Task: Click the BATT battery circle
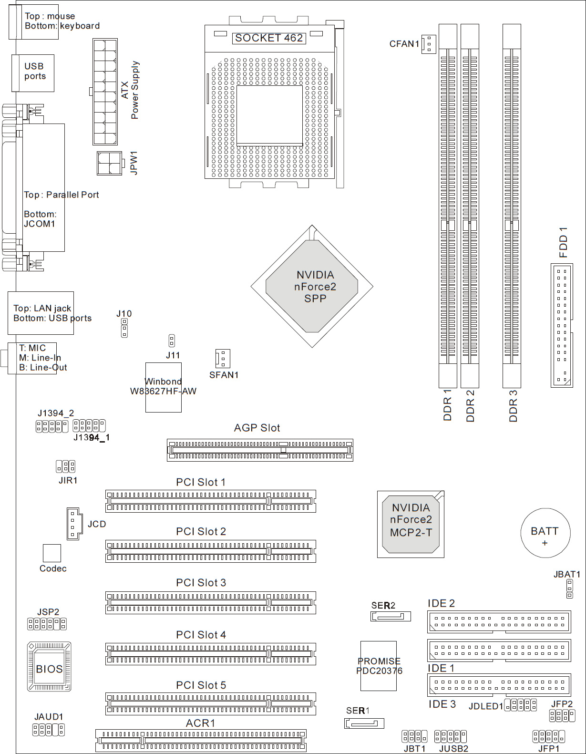(x=545, y=532)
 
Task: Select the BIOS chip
(x=49, y=667)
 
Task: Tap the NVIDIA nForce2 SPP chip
(x=312, y=286)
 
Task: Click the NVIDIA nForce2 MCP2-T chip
(x=411, y=524)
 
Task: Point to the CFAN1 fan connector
(x=429, y=44)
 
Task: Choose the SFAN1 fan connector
(x=223, y=359)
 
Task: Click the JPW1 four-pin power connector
(x=109, y=163)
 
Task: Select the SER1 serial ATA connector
(x=364, y=723)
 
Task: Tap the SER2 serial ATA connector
(x=391, y=616)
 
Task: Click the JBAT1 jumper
(x=569, y=589)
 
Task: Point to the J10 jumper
(x=124, y=328)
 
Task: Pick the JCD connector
(x=73, y=523)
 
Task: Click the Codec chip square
(x=52, y=553)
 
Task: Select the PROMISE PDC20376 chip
(x=379, y=666)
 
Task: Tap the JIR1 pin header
(x=65, y=466)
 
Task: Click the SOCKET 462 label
(x=269, y=38)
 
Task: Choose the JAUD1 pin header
(x=49, y=729)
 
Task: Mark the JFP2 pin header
(x=562, y=715)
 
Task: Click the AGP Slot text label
(x=257, y=428)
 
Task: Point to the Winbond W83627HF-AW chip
(x=164, y=387)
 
